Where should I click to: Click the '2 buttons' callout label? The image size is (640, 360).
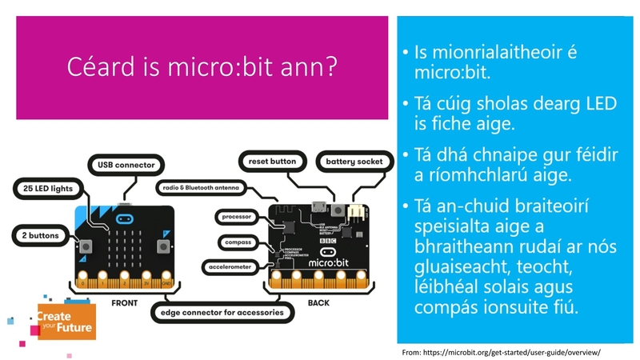click(40, 235)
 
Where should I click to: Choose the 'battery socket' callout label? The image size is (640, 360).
click(356, 162)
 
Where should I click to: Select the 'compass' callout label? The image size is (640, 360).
click(238, 242)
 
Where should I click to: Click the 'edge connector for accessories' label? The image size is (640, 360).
click(221, 313)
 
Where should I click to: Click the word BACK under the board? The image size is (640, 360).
click(318, 303)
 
